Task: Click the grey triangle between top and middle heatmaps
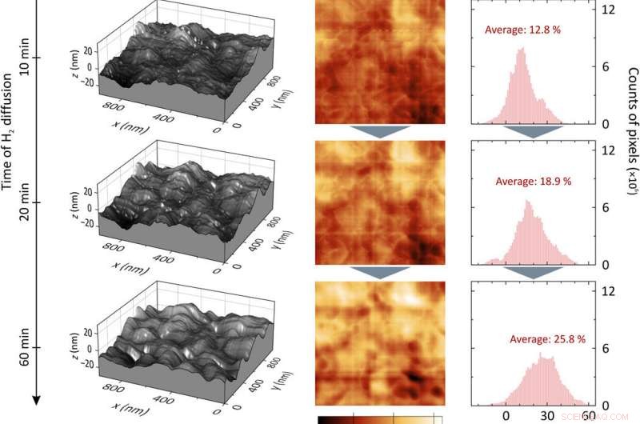point(380,131)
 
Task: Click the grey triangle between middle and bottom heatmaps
point(380,272)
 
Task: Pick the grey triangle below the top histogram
point(532,131)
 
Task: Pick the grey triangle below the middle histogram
point(532,272)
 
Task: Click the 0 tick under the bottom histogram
point(506,416)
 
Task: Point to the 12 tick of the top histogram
point(607,10)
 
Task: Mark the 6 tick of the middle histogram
point(607,208)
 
